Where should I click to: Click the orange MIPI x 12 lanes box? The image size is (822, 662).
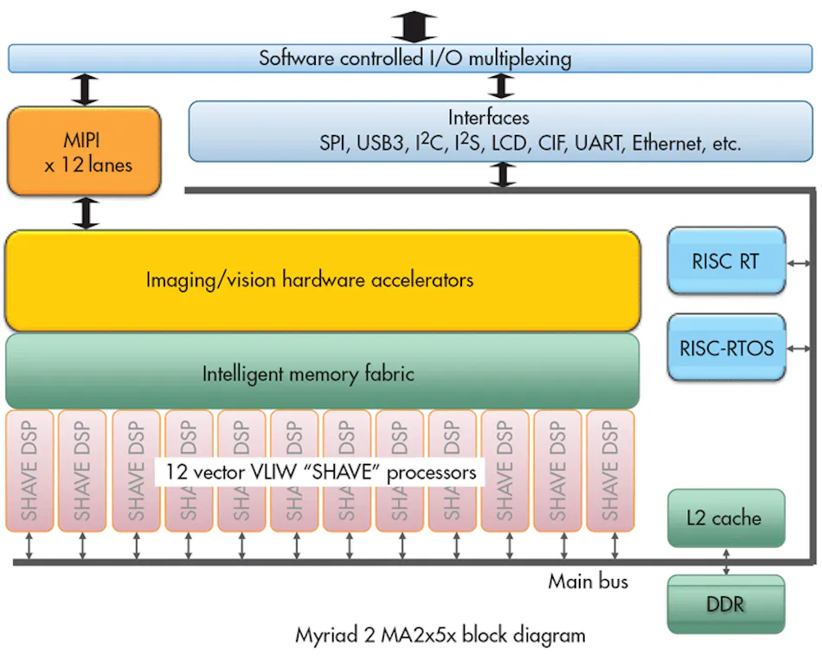[x=84, y=151]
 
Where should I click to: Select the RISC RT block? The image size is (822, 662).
[x=726, y=260]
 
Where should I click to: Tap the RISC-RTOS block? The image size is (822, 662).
[x=726, y=348]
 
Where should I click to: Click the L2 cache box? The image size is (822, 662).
[x=726, y=517]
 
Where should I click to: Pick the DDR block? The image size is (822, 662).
[x=726, y=604]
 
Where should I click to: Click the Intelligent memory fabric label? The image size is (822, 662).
[x=308, y=374]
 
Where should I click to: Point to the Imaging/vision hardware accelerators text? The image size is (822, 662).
[x=309, y=280]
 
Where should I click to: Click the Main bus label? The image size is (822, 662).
[x=588, y=582]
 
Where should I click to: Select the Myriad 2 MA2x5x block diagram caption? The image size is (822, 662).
[x=440, y=635]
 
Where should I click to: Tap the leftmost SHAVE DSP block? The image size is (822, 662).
[x=29, y=471]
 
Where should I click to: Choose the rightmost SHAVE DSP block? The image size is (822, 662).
[x=610, y=471]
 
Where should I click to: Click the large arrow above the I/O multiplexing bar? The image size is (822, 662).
[x=414, y=27]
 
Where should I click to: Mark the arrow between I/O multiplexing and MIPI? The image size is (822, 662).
[x=86, y=90]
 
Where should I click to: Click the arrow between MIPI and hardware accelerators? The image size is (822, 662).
[x=86, y=213]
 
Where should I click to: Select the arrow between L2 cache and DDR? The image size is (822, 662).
[x=726, y=562]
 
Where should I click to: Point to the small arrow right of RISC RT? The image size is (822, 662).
[x=799, y=264]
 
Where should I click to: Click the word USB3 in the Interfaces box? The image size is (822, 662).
[x=381, y=143]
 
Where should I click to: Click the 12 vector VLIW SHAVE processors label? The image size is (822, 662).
[x=320, y=472]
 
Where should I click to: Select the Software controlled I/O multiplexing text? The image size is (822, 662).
[x=414, y=58]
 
